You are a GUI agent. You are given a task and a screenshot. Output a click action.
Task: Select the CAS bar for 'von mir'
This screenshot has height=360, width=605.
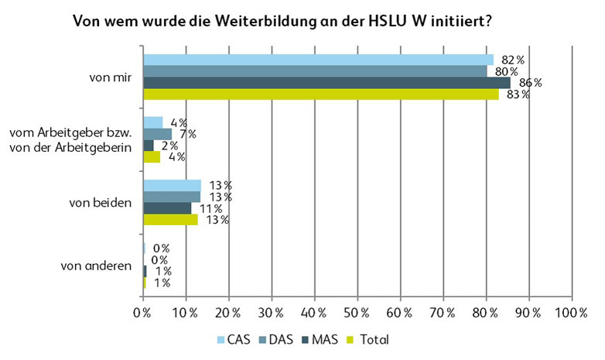(x=318, y=60)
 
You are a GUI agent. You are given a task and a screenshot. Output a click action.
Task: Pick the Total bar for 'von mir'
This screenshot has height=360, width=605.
(x=320, y=94)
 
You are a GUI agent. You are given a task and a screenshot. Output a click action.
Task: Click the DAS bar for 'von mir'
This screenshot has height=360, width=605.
(x=314, y=71)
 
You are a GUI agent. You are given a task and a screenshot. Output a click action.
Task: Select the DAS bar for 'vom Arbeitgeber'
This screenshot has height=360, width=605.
(x=158, y=134)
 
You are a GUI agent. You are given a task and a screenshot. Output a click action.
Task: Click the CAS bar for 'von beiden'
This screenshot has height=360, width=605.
(x=172, y=185)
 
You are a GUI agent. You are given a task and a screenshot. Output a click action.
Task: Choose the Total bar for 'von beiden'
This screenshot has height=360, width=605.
(x=170, y=220)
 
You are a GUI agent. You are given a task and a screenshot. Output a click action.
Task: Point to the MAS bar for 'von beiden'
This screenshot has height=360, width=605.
(x=167, y=208)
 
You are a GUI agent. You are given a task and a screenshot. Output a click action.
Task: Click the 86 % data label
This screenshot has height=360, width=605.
(x=531, y=83)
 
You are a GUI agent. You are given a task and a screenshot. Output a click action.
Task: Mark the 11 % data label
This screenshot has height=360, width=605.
(x=212, y=208)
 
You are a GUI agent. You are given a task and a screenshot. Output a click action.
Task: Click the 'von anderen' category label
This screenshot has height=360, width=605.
(x=96, y=266)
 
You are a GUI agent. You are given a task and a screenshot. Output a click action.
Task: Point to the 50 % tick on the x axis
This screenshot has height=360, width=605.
(x=357, y=313)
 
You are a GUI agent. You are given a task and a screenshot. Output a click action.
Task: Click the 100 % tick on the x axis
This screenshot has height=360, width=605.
(x=570, y=313)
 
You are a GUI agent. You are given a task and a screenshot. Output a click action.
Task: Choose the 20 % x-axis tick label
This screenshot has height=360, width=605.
(x=228, y=313)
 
